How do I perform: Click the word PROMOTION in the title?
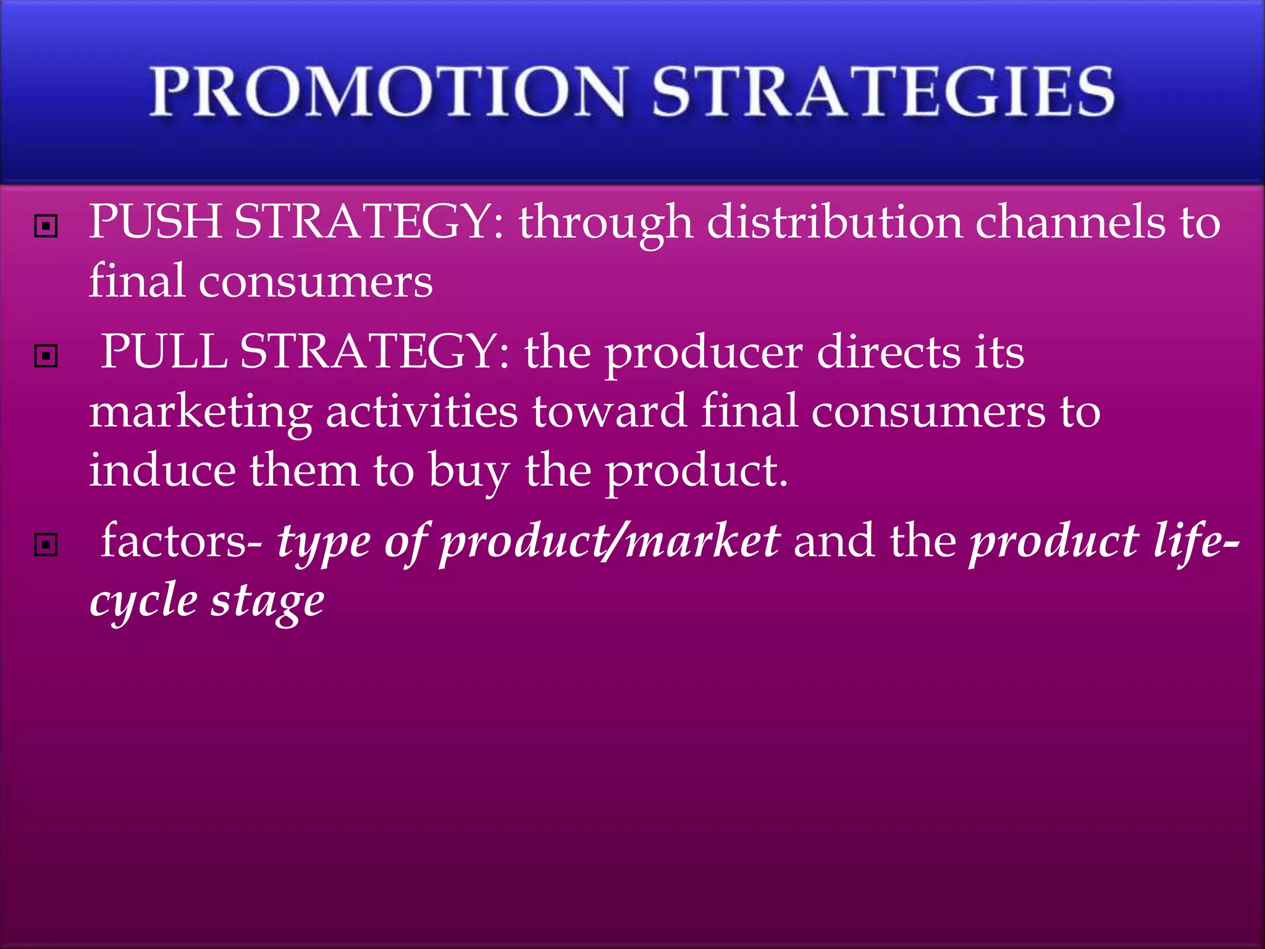388,93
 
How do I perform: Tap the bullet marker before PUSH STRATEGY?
46,226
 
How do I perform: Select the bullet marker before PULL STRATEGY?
46,356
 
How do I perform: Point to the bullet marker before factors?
46,545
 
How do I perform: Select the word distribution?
834,222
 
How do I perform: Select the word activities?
422,411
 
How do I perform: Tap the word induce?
162,471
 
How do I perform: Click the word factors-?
182,541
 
